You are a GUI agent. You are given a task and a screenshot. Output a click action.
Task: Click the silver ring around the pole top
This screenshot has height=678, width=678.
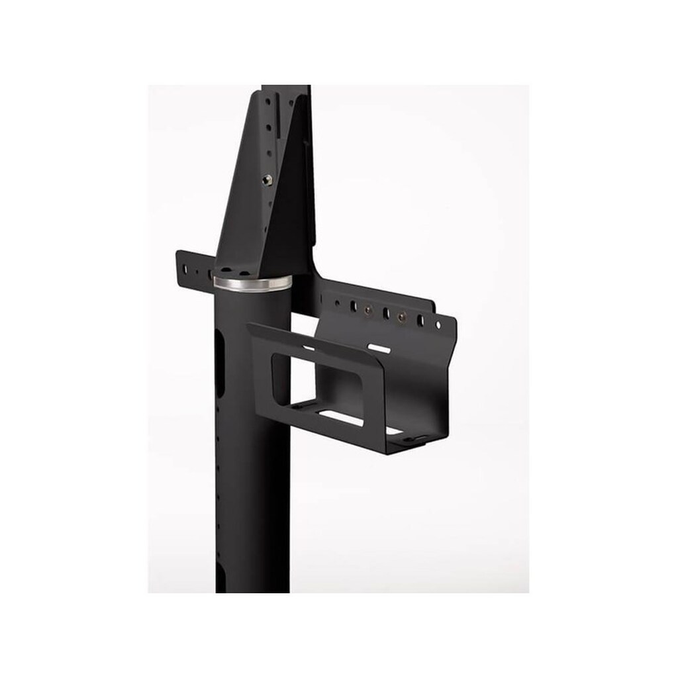(252, 283)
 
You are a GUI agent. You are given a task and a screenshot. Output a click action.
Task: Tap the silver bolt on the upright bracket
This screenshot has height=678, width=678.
(266, 179)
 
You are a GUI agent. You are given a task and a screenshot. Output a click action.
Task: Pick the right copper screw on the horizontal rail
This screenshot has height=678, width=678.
(401, 317)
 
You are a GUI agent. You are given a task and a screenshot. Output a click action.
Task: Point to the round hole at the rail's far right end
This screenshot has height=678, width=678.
(438, 325)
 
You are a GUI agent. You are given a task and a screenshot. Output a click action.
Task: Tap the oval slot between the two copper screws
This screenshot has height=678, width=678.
(385, 313)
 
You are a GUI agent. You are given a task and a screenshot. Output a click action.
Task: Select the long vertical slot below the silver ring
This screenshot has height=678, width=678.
(219, 363)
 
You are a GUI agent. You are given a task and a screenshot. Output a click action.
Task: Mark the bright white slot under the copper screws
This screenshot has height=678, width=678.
(379, 348)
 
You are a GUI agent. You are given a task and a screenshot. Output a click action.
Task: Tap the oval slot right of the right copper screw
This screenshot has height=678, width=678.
(420, 321)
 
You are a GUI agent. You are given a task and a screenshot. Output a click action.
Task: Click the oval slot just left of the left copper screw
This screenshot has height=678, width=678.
(353, 307)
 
